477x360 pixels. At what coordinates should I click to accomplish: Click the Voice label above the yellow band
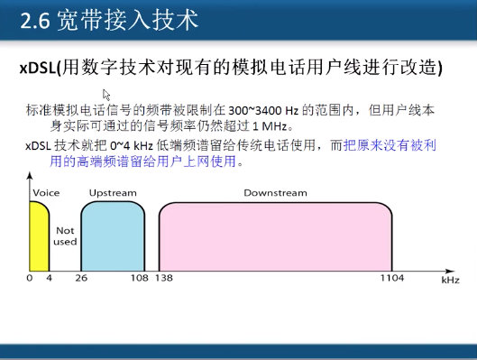pos(46,193)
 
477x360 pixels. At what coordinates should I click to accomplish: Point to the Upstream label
pos(113,193)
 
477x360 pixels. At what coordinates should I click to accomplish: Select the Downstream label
pos(275,193)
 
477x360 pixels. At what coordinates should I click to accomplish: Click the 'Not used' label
pos(65,236)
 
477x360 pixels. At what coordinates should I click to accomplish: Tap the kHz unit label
pos(450,282)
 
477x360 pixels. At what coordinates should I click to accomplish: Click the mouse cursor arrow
pos(106,93)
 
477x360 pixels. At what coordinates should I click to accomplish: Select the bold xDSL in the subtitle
pos(38,67)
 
